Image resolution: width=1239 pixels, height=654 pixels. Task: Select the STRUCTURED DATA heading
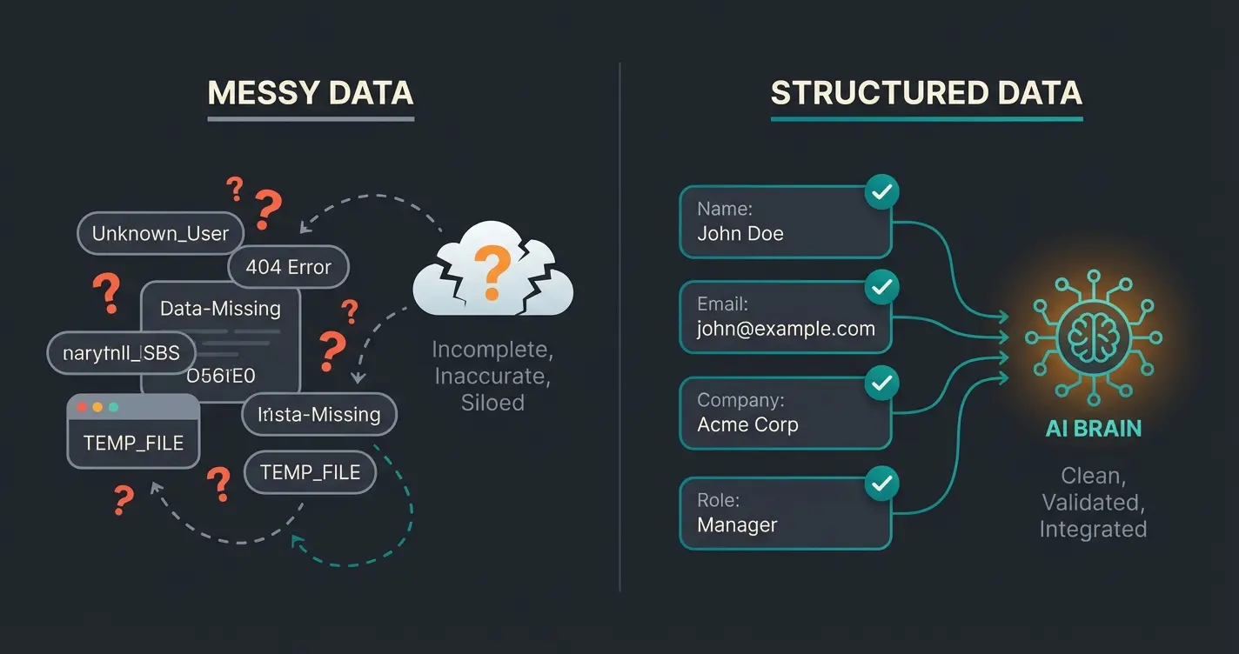pyautogui.click(x=926, y=93)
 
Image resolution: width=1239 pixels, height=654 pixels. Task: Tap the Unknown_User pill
pyautogui.click(x=160, y=233)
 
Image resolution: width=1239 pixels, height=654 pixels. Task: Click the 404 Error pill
pyautogui.click(x=288, y=267)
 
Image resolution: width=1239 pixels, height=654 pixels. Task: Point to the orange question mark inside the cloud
pyautogui.click(x=492, y=270)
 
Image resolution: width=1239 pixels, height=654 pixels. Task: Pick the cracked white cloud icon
pyautogui.click(x=492, y=270)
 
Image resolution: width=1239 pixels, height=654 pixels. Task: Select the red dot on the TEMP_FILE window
pyautogui.click(x=83, y=407)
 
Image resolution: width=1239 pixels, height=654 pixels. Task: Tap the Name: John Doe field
pyautogui.click(x=785, y=222)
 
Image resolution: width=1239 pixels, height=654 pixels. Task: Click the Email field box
pyautogui.click(x=785, y=317)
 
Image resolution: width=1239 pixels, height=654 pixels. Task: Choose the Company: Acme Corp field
pyautogui.click(x=785, y=413)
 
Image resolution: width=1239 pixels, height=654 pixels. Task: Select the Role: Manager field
pyautogui.click(x=785, y=513)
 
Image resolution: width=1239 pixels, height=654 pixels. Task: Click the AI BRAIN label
pyautogui.click(x=1093, y=429)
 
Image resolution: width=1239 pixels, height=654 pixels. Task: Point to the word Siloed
pyautogui.click(x=492, y=403)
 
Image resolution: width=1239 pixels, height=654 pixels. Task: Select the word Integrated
pyautogui.click(x=1093, y=529)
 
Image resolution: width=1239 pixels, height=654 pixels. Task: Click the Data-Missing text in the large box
pyautogui.click(x=220, y=309)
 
